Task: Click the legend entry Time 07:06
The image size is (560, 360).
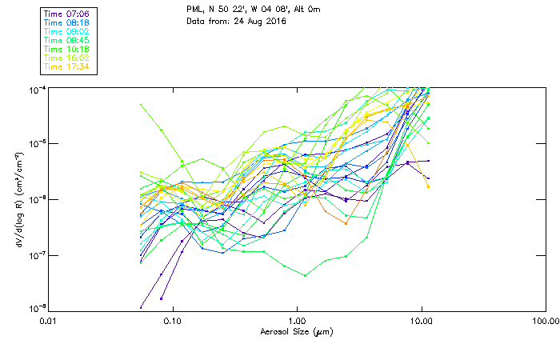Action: pyautogui.click(x=67, y=14)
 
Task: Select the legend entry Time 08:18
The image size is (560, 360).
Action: pyautogui.click(x=67, y=22)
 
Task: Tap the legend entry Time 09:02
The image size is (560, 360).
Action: pyautogui.click(x=67, y=31)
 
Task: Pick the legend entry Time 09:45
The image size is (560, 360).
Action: pyautogui.click(x=67, y=40)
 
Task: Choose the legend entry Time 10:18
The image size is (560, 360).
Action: pyautogui.click(x=67, y=49)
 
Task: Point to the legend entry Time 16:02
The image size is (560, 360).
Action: pyautogui.click(x=67, y=58)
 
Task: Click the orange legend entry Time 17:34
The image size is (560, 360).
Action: pyautogui.click(x=67, y=66)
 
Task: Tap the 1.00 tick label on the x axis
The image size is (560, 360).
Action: pyautogui.click(x=297, y=320)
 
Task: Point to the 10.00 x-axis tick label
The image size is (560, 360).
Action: pyautogui.click(x=421, y=320)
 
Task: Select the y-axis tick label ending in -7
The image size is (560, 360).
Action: pyautogui.click(x=34, y=255)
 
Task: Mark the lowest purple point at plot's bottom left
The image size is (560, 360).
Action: pyautogui.click(x=141, y=306)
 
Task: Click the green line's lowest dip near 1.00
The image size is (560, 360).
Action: pyautogui.click(x=306, y=276)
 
